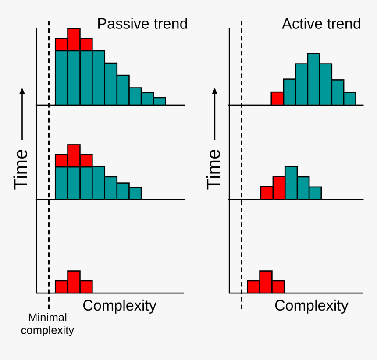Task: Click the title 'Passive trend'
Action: click(142, 24)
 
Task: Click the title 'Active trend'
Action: click(321, 24)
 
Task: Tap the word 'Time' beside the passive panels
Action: click(21, 169)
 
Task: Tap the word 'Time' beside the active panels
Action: click(214, 169)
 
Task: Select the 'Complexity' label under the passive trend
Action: click(119, 305)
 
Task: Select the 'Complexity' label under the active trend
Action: click(311, 305)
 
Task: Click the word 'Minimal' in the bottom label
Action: click(47, 318)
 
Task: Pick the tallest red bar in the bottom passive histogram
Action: click(74, 282)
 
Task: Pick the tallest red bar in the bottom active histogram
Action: click(266, 282)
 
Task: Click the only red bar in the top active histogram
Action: click(277, 99)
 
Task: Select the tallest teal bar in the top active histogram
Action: click(313, 79)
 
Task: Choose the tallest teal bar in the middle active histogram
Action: click(291, 183)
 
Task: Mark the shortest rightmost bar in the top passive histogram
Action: click(160, 101)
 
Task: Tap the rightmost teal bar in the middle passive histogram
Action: click(135, 194)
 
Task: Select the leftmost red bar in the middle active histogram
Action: click(267, 193)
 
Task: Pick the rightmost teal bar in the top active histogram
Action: click(349, 99)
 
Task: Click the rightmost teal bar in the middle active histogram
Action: click(315, 193)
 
